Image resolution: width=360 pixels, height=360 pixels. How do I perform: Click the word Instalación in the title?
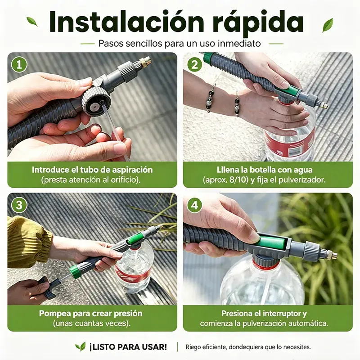click(x=126, y=22)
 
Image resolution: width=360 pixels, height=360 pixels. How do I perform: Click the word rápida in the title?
click(x=258, y=22)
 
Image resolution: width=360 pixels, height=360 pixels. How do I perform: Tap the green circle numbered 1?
click(x=19, y=65)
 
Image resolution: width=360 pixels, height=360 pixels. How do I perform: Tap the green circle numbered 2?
click(x=195, y=65)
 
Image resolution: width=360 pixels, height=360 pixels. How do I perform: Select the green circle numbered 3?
click(x=19, y=205)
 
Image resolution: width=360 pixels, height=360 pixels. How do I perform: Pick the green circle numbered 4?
click(x=195, y=205)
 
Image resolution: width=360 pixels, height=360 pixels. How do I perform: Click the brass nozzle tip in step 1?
click(x=145, y=62)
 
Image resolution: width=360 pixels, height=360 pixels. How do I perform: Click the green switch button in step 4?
click(x=272, y=242)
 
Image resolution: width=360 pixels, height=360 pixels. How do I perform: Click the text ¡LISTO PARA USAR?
click(x=128, y=347)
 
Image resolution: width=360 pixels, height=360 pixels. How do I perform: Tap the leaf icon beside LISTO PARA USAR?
click(x=80, y=346)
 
